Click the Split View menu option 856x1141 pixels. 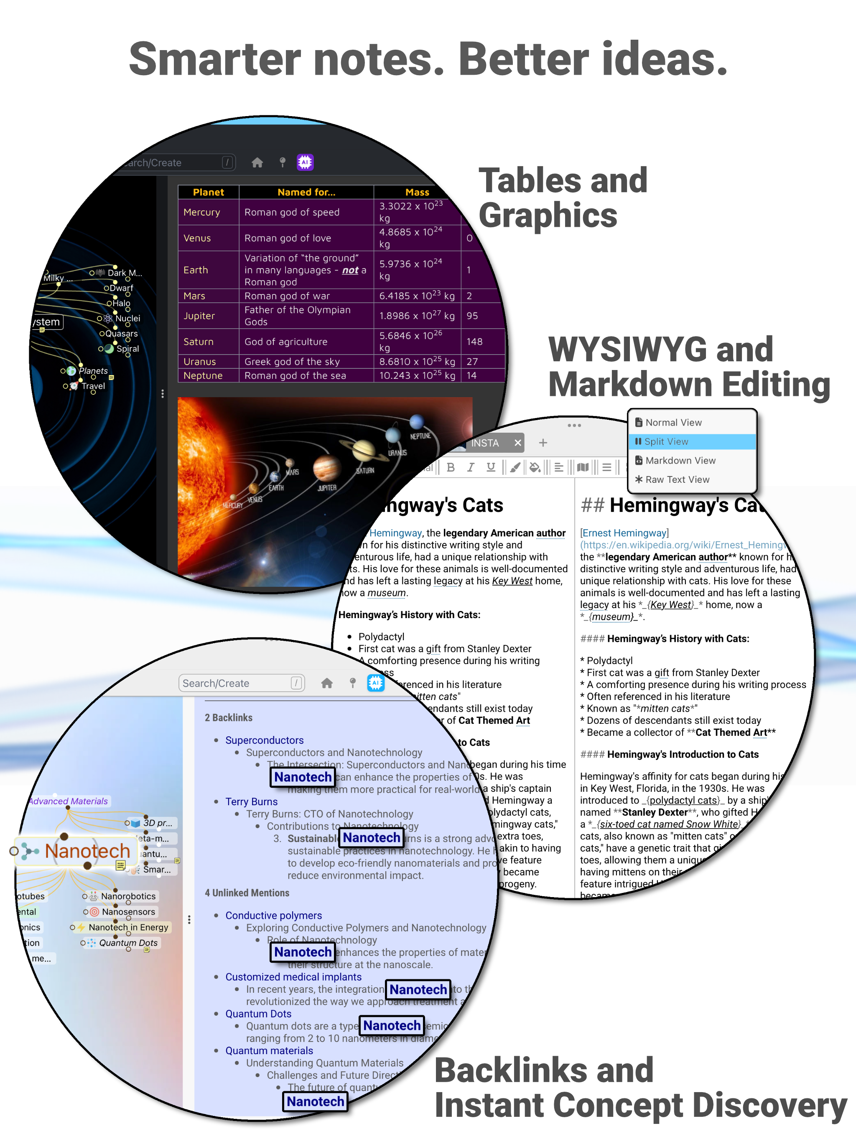pyautogui.click(x=666, y=441)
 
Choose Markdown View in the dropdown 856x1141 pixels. pyautogui.click(x=680, y=461)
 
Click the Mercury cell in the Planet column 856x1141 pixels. pyautogui.click(x=202, y=212)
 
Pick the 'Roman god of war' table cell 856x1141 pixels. pyautogui.click(x=287, y=296)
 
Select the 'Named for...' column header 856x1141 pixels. pyautogui.click(x=306, y=192)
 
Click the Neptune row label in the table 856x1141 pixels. pyautogui.click(x=203, y=375)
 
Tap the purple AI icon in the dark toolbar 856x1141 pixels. pyautogui.click(x=305, y=162)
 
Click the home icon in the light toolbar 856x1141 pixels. pyautogui.click(x=327, y=683)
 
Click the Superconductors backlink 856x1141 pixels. pyautogui.click(x=264, y=740)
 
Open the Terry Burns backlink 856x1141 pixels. pyautogui.click(x=252, y=801)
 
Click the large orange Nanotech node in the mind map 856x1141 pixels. pyautogui.click(x=87, y=851)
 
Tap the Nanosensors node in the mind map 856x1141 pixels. pyautogui.click(x=128, y=911)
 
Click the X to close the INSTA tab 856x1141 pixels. pyautogui.click(x=518, y=443)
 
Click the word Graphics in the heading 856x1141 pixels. pyautogui.click(x=548, y=215)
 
